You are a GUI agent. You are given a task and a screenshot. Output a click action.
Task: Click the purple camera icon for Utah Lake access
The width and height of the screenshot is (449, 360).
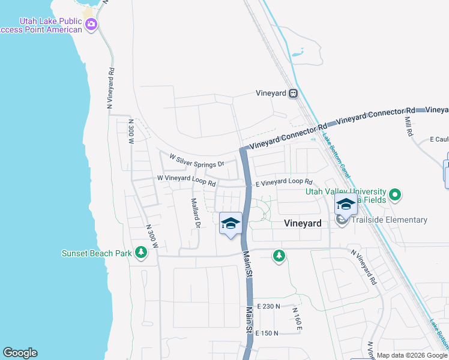pyautogui.click(x=92, y=25)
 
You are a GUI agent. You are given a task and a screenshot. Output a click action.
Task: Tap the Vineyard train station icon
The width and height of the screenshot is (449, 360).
pyautogui.click(x=293, y=93)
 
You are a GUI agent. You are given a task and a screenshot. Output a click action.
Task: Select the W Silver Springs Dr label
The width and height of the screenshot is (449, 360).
pyautogui.click(x=196, y=162)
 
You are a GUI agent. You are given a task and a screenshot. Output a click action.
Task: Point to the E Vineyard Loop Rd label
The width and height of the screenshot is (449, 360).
pyautogui.click(x=284, y=182)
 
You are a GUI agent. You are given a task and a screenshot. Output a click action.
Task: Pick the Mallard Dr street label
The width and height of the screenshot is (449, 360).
pyautogui.click(x=195, y=214)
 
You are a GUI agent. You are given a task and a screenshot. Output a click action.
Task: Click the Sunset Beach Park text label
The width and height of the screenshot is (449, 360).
pyautogui.click(x=97, y=253)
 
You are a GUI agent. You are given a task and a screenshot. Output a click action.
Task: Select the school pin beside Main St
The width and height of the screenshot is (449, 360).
pyautogui.click(x=231, y=224)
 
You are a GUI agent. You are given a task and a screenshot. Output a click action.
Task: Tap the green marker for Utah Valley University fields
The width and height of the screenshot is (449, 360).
pyautogui.click(x=394, y=194)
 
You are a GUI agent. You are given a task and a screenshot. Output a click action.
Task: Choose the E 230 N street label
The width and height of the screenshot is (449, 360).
pyautogui.click(x=268, y=307)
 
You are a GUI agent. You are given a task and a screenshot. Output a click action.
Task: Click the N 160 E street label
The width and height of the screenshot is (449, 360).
pyautogui.click(x=297, y=318)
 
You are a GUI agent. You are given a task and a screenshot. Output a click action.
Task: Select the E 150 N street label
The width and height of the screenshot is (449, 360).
pyautogui.click(x=267, y=333)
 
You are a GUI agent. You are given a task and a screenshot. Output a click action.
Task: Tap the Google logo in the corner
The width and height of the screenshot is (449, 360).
pyautogui.click(x=20, y=353)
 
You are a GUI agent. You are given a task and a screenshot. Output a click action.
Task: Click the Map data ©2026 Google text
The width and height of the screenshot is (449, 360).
pyautogui.click(x=412, y=355)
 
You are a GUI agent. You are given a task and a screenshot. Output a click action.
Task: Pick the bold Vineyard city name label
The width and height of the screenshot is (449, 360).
pyautogui.click(x=302, y=223)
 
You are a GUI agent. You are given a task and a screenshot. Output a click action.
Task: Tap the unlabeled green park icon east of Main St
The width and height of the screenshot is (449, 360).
pyautogui.click(x=279, y=256)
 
